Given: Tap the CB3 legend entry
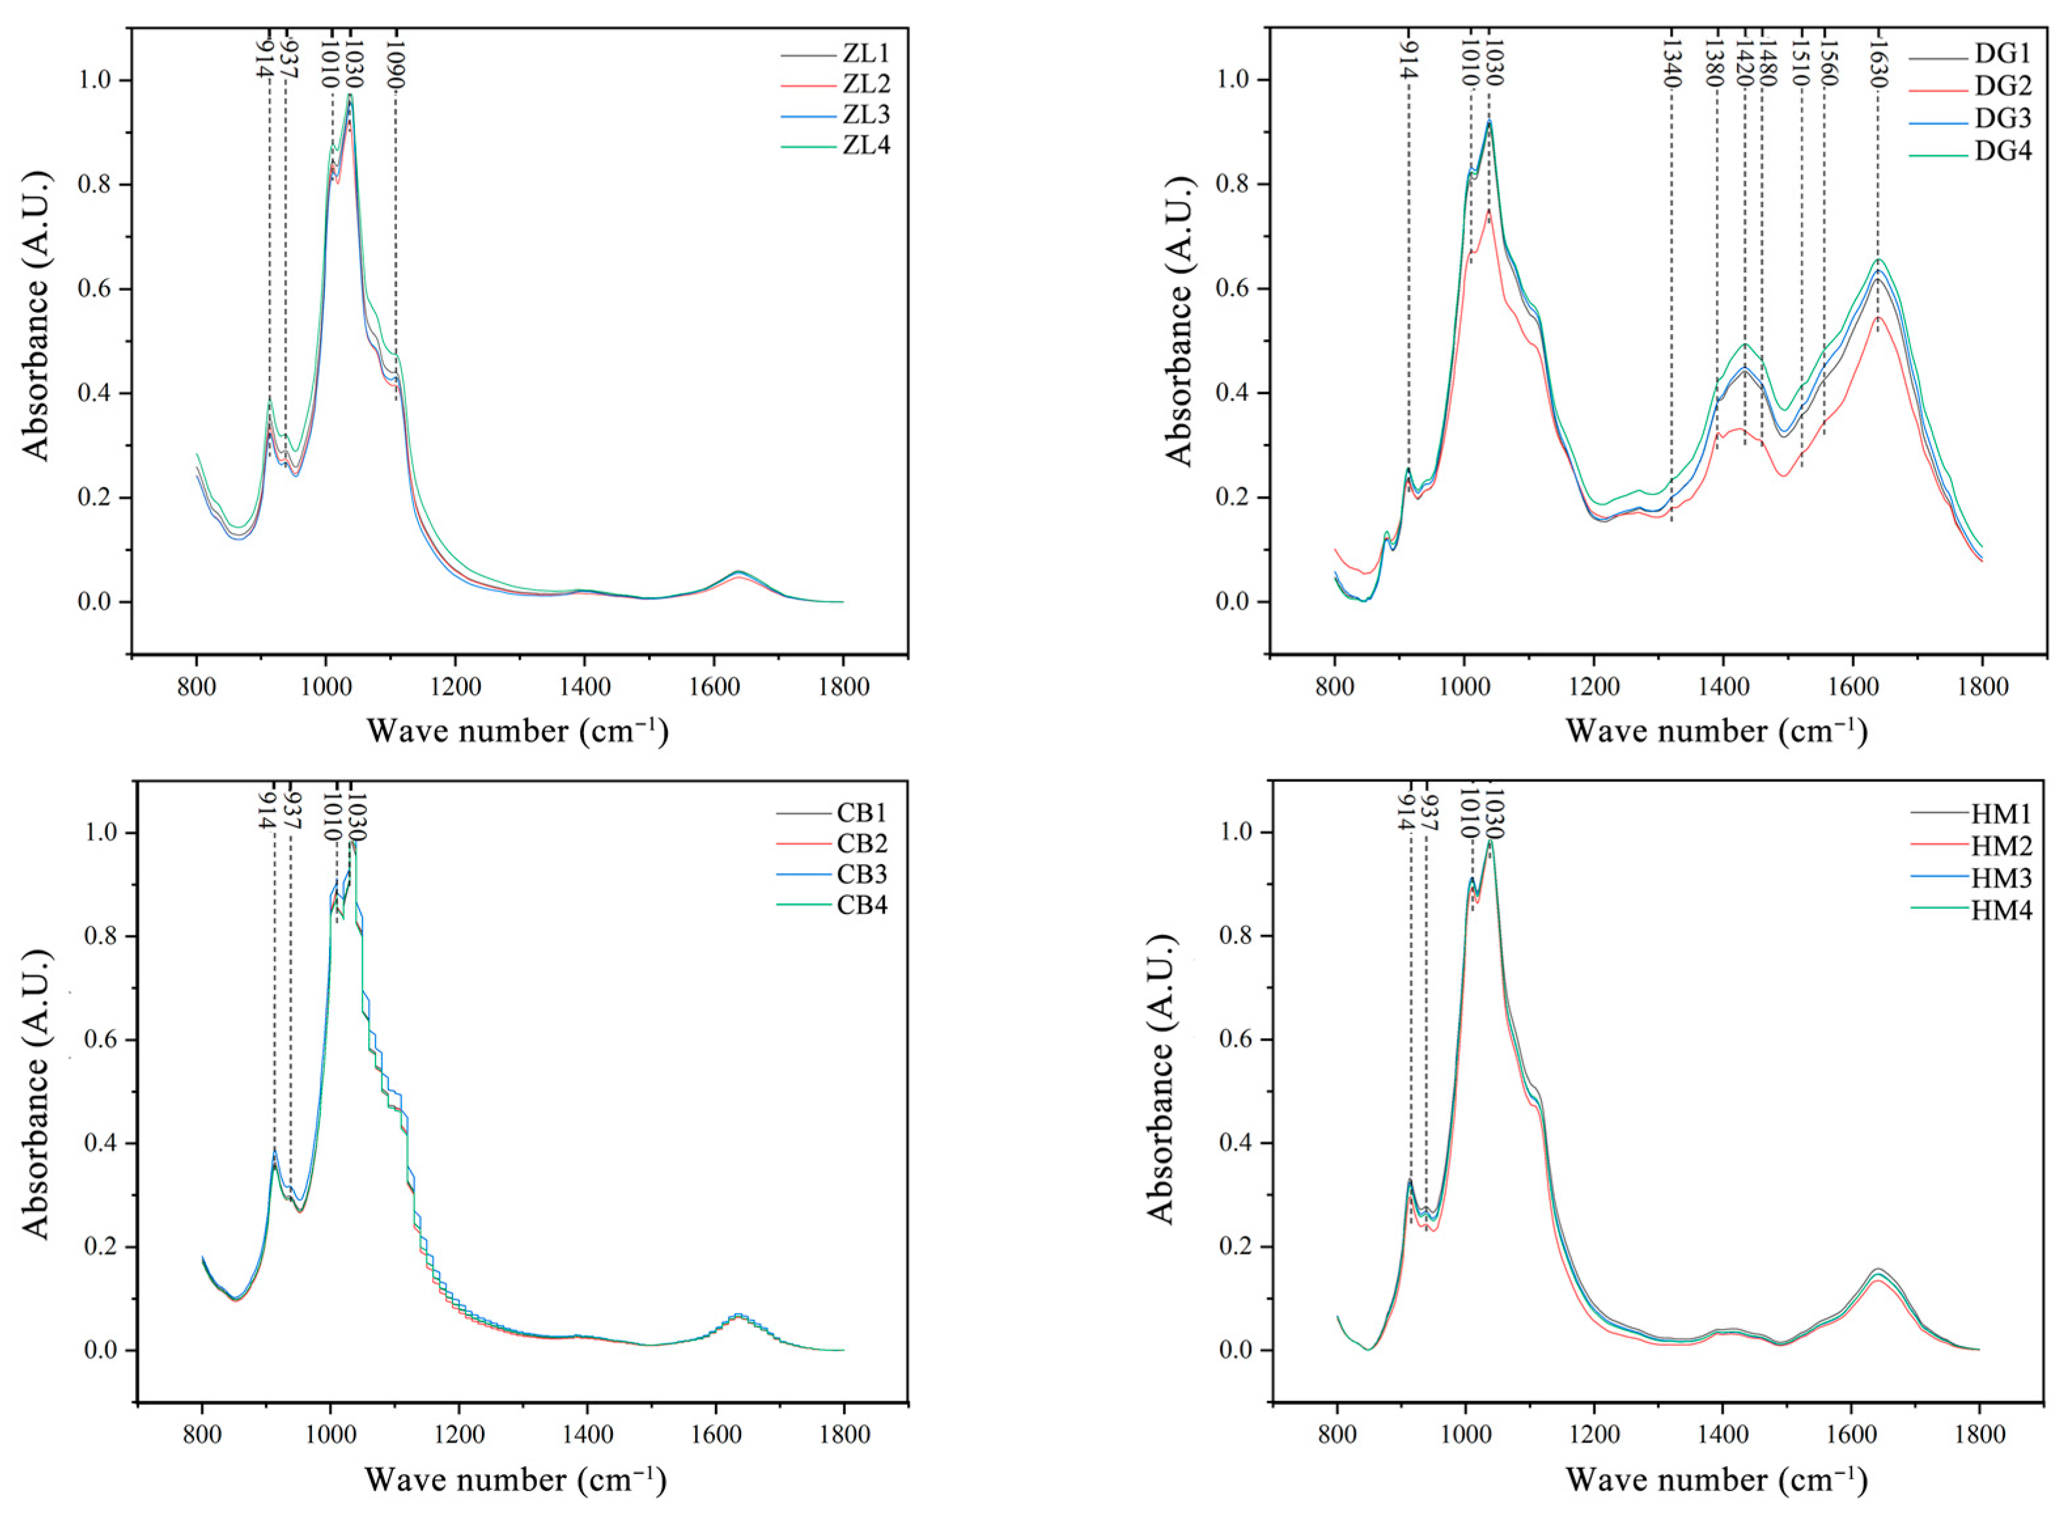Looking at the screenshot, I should point(862,873).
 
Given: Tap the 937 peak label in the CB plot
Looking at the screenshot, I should point(292,810).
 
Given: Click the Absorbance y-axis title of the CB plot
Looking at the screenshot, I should point(37,1095).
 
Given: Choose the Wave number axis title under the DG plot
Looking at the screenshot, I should point(1716,730).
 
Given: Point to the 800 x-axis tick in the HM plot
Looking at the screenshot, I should point(1337,1434).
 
